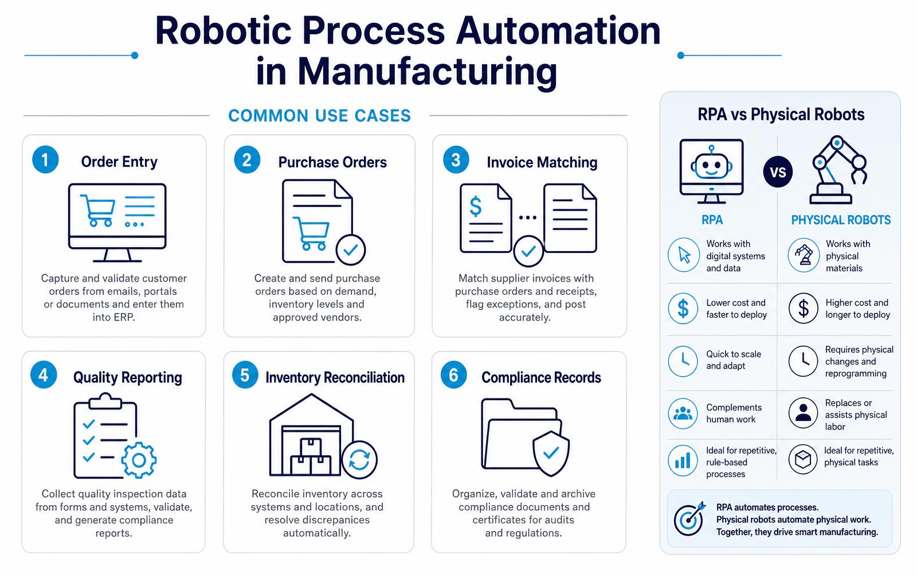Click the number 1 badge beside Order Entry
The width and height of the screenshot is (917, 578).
(x=45, y=160)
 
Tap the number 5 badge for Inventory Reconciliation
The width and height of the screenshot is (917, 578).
(x=245, y=375)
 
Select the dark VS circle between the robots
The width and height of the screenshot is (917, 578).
(x=777, y=171)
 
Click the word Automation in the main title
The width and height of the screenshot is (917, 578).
(x=558, y=31)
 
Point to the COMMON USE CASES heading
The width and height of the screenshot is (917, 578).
(x=319, y=115)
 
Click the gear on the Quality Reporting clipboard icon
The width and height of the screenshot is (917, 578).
(x=139, y=460)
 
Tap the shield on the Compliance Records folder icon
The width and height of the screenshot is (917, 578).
(x=551, y=454)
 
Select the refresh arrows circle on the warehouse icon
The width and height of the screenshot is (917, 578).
(x=359, y=460)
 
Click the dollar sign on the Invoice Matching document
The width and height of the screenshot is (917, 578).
(x=475, y=206)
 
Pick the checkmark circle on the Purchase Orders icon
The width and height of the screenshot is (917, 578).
(x=351, y=249)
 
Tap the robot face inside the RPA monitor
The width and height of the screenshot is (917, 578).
(x=711, y=163)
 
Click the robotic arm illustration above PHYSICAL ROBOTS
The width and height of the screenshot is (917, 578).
(x=837, y=170)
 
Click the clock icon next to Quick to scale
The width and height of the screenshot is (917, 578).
(x=683, y=361)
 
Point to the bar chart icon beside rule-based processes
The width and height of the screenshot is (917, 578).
(x=683, y=460)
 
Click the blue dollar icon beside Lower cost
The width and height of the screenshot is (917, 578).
(x=683, y=308)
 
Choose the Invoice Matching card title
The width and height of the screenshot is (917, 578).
(x=542, y=163)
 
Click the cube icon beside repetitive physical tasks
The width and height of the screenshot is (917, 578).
(x=803, y=460)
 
